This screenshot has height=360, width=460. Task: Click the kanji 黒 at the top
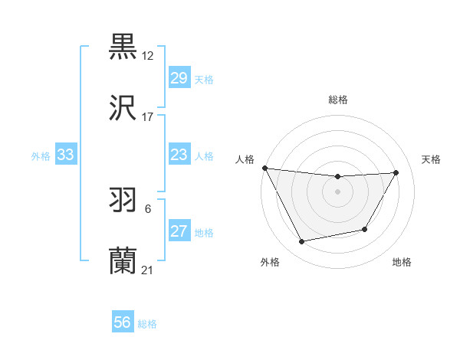coord(123,47)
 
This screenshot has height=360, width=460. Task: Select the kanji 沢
coord(123,109)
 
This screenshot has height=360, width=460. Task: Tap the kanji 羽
coord(123,201)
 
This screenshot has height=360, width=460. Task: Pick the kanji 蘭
coord(123,262)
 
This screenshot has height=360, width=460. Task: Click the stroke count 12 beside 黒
coord(148,56)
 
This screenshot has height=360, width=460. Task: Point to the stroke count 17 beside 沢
coord(148,117)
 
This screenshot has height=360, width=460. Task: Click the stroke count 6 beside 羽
coord(147,209)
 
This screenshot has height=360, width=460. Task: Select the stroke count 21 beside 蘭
coord(148,270)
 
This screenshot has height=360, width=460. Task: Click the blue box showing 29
coord(179,78)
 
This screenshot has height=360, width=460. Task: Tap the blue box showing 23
coord(179,155)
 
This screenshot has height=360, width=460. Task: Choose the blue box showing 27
coord(179,231)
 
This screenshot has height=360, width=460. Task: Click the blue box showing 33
coord(66,155)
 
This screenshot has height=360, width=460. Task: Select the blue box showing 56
coord(123,323)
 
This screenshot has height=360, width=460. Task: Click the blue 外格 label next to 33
coord(41,155)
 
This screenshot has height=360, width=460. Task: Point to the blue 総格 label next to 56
coord(147,324)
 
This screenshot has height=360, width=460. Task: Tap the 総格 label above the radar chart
coord(338,100)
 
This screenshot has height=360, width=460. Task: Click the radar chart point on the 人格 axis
coord(265,168)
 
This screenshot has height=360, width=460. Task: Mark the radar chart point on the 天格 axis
coord(396,172)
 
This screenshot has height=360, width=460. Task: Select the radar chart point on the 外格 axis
coord(302,242)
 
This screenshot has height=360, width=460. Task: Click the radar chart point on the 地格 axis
coord(365,230)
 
